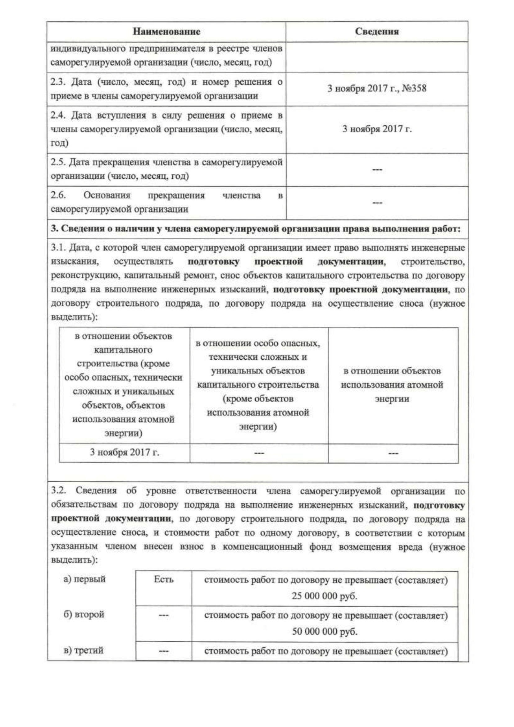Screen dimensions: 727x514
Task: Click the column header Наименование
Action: tap(166, 32)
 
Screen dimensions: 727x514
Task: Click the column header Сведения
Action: tap(377, 32)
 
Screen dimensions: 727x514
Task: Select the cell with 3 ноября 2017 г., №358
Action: tap(377, 89)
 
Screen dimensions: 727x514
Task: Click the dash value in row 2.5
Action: tap(377, 170)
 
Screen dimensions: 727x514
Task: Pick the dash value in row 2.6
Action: tap(377, 203)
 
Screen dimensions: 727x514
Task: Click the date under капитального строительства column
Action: tap(125, 452)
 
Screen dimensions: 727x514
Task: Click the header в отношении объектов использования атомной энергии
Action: tap(392, 384)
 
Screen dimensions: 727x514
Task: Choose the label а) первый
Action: tap(84, 579)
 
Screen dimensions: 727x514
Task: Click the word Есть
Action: tap(164, 579)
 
